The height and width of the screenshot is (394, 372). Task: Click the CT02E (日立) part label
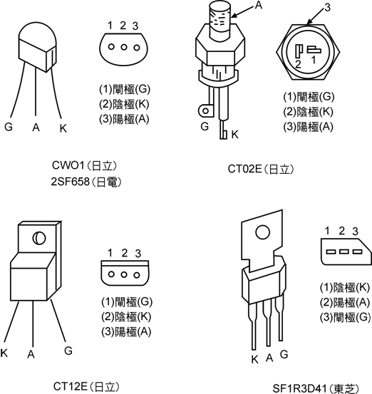pos(261,169)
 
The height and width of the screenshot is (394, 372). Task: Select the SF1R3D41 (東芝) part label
pos(316,388)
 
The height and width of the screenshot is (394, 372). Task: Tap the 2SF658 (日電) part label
pos(86,182)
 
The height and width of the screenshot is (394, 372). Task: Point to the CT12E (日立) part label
pos(86,386)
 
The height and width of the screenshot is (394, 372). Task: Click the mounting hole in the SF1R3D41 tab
pos(262,232)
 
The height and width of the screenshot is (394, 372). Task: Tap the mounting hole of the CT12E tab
pos(39,238)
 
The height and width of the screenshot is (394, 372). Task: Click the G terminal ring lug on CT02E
pos(205,111)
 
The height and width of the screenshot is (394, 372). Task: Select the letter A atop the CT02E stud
pos(259,5)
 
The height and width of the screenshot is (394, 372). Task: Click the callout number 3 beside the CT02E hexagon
pos(327,8)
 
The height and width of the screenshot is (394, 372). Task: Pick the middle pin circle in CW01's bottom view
pos(124,47)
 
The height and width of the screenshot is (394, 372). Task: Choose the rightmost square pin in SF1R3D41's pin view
pos(357,252)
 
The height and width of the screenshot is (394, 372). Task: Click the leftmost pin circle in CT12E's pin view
pos(111,274)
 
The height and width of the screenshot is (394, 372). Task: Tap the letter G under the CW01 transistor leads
pos(9,127)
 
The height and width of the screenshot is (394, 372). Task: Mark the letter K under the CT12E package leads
pos(4,353)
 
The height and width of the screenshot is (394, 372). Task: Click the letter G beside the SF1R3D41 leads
pos(284,355)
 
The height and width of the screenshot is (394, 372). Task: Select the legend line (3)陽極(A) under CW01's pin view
pos(124,119)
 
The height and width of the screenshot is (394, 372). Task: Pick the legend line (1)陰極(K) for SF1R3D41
pos(345,287)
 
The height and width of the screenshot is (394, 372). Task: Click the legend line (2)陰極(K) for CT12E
pos(126,316)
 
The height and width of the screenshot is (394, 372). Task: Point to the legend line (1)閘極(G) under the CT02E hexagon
pos(309,96)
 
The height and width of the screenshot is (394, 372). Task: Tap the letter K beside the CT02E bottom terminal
pos(234,135)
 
